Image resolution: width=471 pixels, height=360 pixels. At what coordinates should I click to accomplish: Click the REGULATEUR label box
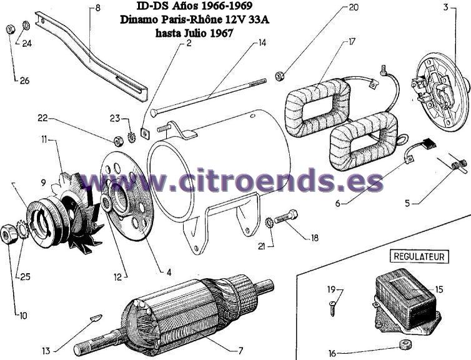(419, 257)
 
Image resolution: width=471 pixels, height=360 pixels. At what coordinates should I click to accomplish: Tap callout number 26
(24, 81)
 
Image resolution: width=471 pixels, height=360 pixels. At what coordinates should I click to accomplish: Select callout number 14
(262, 43)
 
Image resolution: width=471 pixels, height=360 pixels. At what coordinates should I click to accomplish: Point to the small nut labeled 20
(280, 76)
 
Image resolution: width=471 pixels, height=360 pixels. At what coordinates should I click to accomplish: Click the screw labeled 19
(332, 309)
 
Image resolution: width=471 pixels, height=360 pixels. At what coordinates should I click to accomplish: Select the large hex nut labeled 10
(9, 234)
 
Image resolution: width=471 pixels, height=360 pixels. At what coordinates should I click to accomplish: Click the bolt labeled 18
(285, 216)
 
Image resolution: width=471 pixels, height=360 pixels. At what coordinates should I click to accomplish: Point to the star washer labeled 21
(269, 223)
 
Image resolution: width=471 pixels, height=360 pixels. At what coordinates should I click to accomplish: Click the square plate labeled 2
(146, 132)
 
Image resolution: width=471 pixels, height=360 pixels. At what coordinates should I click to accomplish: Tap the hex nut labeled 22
(118, 141)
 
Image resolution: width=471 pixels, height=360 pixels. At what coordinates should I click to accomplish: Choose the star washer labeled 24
(26, 25)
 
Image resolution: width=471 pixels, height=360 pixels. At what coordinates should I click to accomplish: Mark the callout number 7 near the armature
(240, 350)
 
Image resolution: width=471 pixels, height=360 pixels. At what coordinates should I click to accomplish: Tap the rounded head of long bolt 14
(154, 112)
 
